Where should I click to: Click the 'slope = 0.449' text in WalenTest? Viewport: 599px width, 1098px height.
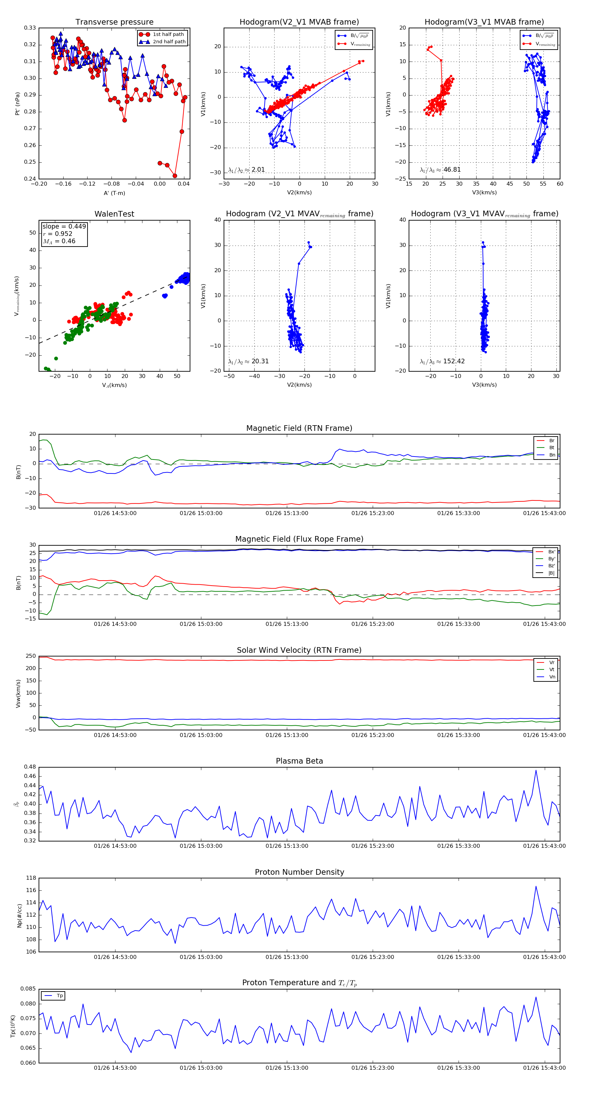(x=64, y=226)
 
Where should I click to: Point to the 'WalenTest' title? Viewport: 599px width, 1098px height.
(x=114, y=214)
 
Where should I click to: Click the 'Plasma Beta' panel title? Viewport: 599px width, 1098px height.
(x=299, y=761)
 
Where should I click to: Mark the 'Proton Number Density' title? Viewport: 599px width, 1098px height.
(x=299, y=872)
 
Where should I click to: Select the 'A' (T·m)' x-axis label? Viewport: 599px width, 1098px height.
(x=114, y=193)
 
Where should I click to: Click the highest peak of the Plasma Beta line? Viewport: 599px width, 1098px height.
(x=536, y=770)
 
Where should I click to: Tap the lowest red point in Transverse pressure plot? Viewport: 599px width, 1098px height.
(x=175, y=176)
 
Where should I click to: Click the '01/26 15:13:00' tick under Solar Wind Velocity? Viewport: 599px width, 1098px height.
(x=287, y=735)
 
